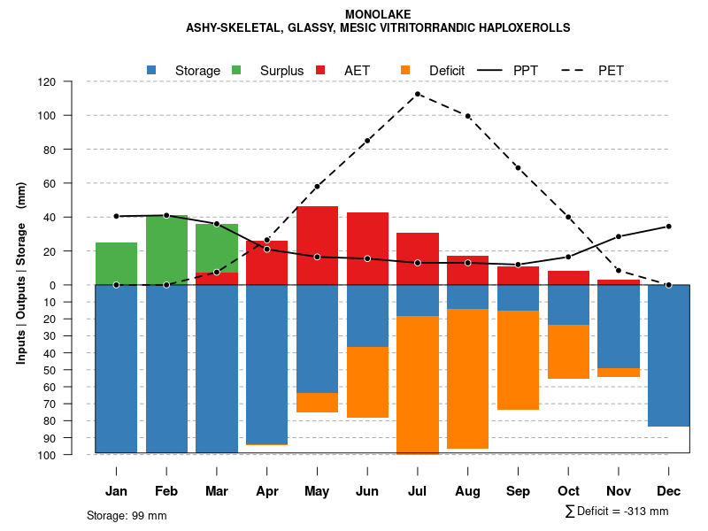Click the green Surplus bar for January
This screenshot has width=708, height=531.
[116, 264]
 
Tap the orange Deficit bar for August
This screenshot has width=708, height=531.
[467, 379]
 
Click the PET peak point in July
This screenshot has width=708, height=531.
[418, 94]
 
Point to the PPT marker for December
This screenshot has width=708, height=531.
[668, 227]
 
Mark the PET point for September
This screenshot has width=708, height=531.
[518, 168]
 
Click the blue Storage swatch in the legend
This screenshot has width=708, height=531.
[152, 70]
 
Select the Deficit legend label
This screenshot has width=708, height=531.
[447, 71]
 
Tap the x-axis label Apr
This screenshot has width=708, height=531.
[266, 491]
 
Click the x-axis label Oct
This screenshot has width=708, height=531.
[568, 491]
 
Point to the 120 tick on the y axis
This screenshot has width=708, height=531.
[72, 82]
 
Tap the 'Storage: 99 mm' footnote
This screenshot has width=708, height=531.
[127, 515]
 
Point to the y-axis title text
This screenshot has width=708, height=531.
[21, 273]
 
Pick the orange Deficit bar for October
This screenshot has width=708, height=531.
[568, 352]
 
